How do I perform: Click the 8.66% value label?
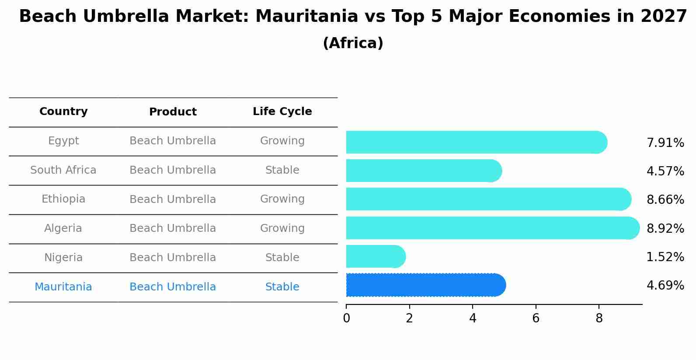pyautogui.click(x=665, y=200)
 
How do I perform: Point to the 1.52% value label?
pyautogui.click(x=665, y=257)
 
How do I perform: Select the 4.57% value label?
pyautogui.click(x=665, y=171)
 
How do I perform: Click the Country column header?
pyautogui.click(x=63, y=112)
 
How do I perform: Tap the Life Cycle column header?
pyautogui.click(x=282, y=112)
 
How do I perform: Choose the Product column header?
pyautogui.click(x=173, y=112)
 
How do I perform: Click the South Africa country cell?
pyautogui.click(x=63, y=170)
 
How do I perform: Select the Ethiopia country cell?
pyautogui.click(x=63, y=199)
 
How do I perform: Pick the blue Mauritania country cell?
pyautogui.click(x=63, y=287)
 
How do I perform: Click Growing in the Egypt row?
pyautogui.click(x=282, y=141)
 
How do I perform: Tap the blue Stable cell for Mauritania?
pyautogui.click(x=282, y=287)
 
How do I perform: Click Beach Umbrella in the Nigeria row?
pyautogui.click(x=173, y=258)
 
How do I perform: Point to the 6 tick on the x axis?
pyautogui.click(x=536, y=318)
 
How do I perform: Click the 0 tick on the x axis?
pyautogui.click(x=346, y=318)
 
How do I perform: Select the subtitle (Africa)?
pyautogui.click(x=353, y=43)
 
